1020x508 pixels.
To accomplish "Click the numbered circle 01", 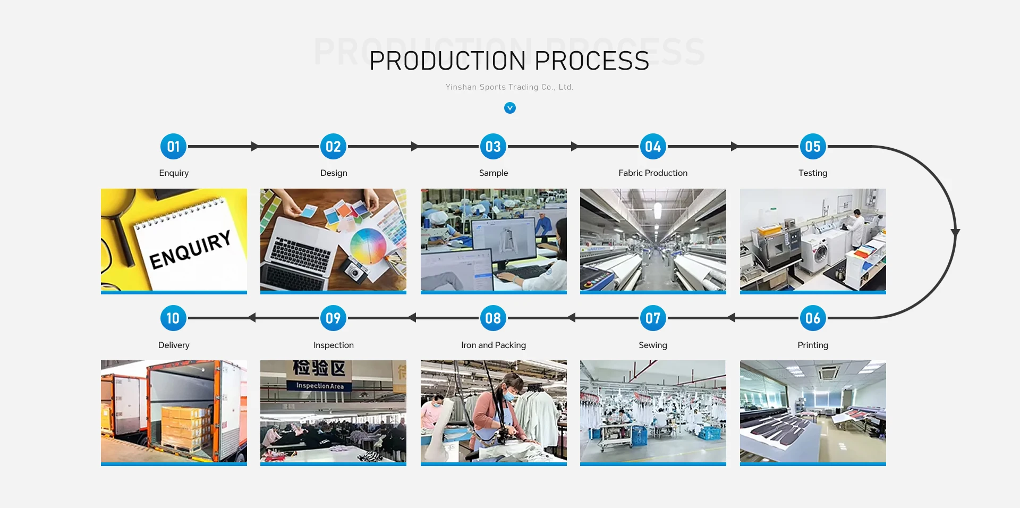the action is pyautogui.click(x=173, y=147).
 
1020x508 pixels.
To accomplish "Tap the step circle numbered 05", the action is pyautogui.click(x=812, y=147).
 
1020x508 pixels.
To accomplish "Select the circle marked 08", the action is pyautogui.click(x=493, y=318).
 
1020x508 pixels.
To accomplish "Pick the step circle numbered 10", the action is pyautogui.click(x=173, y=318).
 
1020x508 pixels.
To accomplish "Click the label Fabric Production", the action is pyautogui.click(x=652, y=173).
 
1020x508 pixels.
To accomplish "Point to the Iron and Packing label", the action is pyautogui.click(x=493, y=345).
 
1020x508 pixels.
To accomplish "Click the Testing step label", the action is pyautogui.click(x=812, y=173).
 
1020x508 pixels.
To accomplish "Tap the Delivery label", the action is pyautogui.click(x=173, y=345).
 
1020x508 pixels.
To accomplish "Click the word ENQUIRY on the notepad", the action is pyautogui.click(x=190, y=249).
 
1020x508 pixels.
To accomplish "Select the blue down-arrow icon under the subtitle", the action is pyautogui.click(x=509, y=108).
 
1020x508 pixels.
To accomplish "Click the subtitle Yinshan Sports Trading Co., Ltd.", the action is pyautogui.click(x=509, y=87).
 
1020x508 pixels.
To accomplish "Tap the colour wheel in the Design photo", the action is pyautogui.click(x=368, y=245).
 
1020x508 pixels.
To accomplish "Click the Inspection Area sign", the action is pyautogui.click(x=319, y=386).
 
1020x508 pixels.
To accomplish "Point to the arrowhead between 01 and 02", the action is pyautogui.click(x=255, y=147).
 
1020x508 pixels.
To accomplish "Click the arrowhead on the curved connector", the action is pyautogui.click(x=955, y=233).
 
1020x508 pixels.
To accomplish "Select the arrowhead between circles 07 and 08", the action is pyautogui.click(x=572, y=318).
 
